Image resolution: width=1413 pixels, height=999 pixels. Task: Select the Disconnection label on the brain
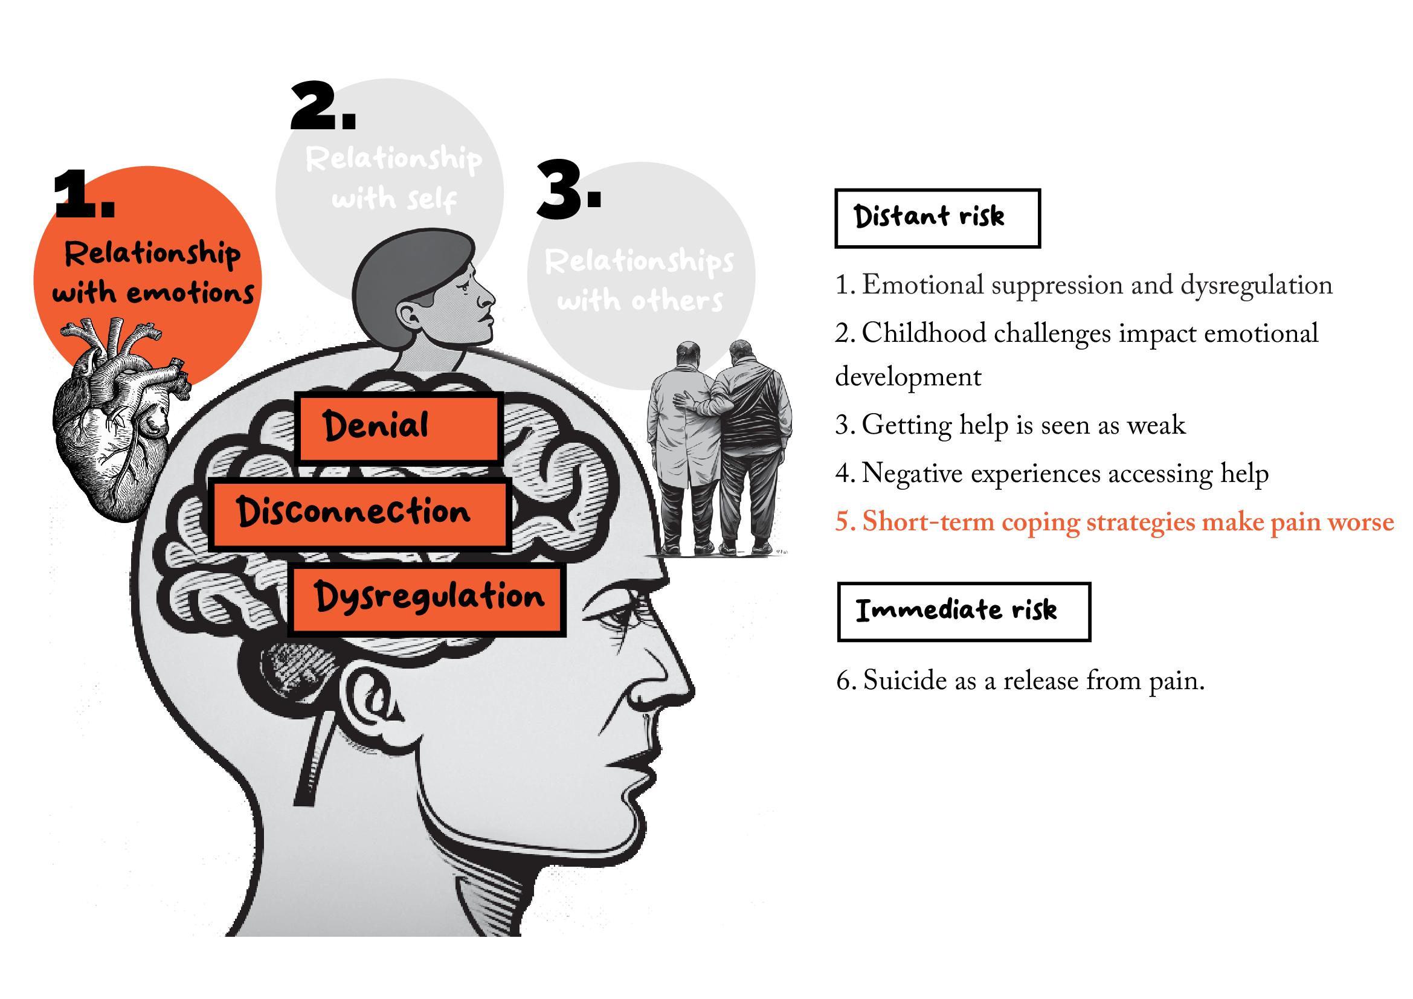[x=359, y=514]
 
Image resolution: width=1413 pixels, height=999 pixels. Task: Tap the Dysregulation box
[x=427, y=599]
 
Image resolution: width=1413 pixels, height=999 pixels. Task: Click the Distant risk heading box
[x=937, y=219]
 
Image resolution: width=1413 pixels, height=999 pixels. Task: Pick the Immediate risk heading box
[x=963, y=611]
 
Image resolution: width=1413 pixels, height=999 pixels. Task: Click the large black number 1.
[x=84, y=196]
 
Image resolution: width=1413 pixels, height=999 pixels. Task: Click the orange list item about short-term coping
[x=1114, y=522]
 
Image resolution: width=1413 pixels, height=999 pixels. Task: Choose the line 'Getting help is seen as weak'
[x=1010, y=425]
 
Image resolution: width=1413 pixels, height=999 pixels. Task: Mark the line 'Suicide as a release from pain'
[x=1020, y=680]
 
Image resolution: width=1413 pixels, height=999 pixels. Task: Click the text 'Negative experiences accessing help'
[x=1052, y=474]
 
